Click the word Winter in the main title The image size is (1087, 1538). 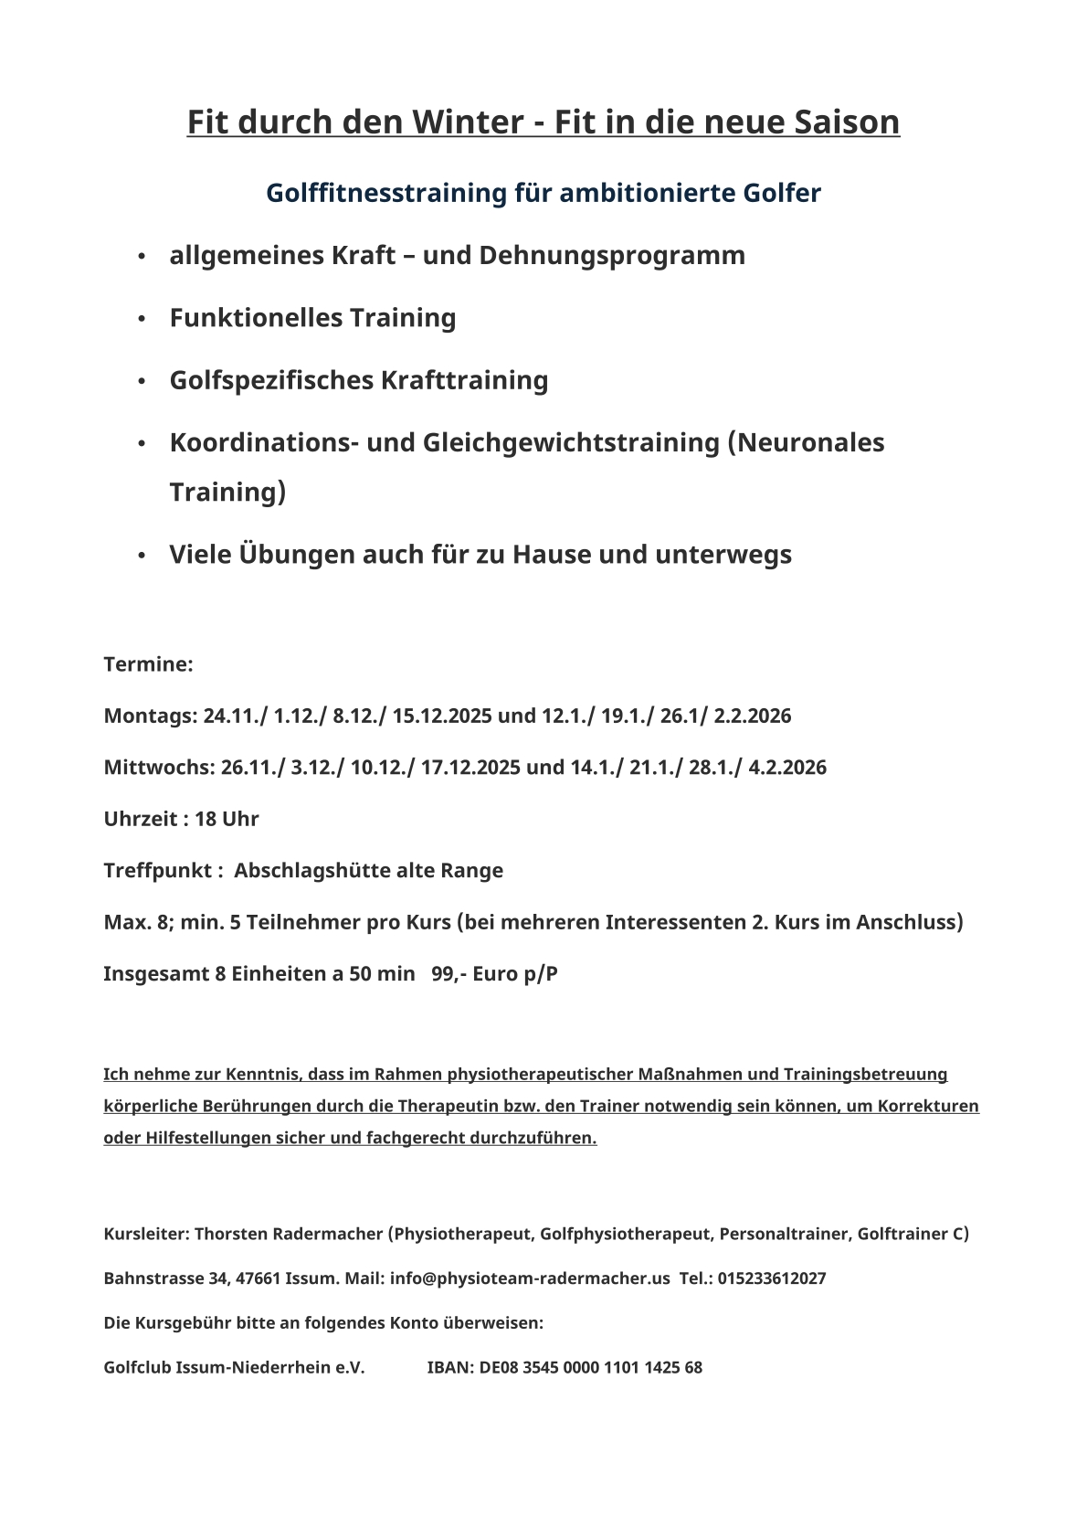(x=468, y=122)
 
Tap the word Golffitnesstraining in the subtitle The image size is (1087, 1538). (x=386, y=193)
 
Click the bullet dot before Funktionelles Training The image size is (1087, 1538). (x=142, y=319)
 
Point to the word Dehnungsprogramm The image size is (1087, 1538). (x=611, y=255)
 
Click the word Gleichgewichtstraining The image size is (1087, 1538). (x=572, y=442)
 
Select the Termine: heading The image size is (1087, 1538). (x=148, y=664)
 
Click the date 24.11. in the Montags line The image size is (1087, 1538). (x=232, y=716)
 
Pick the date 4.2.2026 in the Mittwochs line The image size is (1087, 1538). (x=787, y=768)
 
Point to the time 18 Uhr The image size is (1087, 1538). (x=227, y=819)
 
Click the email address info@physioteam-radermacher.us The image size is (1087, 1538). (x=530, y=1278)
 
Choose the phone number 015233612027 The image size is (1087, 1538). (x=772, y=1278)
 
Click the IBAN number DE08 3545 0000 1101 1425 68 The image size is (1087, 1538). (x=590, y=1368)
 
